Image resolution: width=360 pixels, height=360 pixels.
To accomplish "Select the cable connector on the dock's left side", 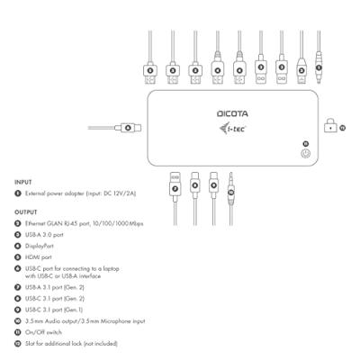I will tap(127, 128).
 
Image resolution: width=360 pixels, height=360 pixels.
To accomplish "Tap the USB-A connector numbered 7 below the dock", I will tap(174, 185).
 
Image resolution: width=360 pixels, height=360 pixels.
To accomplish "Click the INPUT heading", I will tap(23, 182).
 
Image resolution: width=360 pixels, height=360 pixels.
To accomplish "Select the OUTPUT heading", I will tap(26, 212).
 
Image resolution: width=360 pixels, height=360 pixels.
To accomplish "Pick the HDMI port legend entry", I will tap(44, 256).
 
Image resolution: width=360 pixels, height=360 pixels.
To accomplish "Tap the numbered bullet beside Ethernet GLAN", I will tap(18, 223).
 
